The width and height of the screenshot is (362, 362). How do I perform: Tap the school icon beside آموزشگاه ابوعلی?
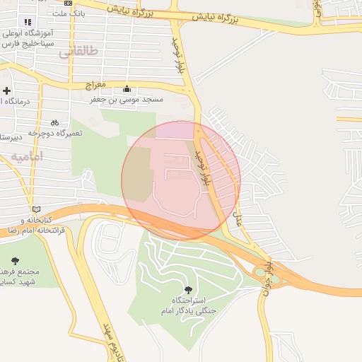point(28,22)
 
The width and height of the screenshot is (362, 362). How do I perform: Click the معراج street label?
point(95,85)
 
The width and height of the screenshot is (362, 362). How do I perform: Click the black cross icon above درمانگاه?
point(6,90)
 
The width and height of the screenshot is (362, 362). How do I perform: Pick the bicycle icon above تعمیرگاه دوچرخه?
point(54,122)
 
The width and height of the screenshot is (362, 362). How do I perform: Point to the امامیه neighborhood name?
point(26,156)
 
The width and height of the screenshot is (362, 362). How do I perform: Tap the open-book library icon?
point(36,209)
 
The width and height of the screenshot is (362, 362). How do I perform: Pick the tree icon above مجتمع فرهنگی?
point(15,261)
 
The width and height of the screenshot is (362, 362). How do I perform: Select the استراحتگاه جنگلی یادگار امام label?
point(187,306)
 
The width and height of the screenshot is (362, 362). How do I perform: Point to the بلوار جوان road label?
point(267,276)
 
